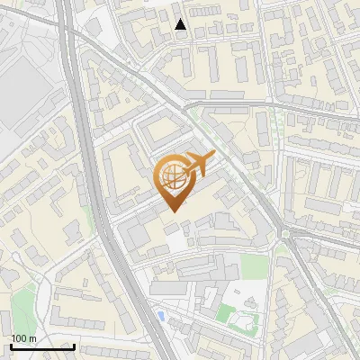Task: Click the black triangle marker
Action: (x=181, y=25)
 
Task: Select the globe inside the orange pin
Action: (x=171, y=177)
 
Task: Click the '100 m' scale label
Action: (x=23, y=338)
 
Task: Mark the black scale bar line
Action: (x=42, y=346)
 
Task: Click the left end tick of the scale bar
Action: (x=11, y=345)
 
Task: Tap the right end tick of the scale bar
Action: (x=74, y=345)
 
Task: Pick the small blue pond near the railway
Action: (x=161, y=315)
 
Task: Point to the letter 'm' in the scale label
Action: (x=32, y=338)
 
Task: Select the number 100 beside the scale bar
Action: (x=19, y=338)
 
